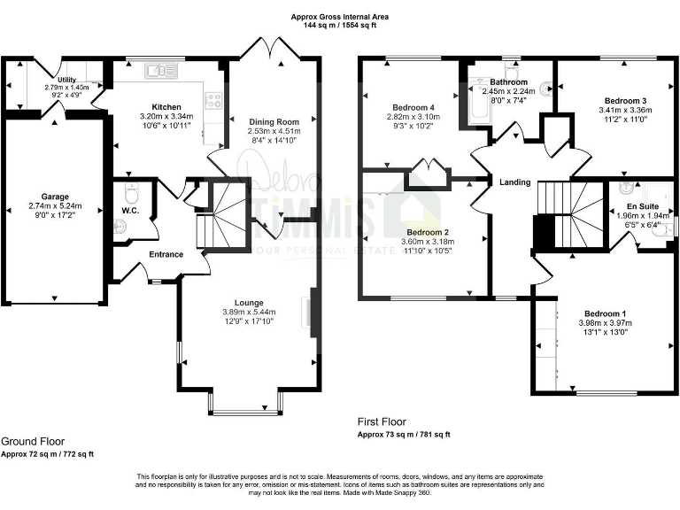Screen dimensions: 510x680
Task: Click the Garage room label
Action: click(54, 197)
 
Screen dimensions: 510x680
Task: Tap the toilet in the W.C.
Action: click(131, 192)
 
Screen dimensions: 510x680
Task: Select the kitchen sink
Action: click(160, 68)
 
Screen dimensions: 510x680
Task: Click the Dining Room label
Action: click(274, 121)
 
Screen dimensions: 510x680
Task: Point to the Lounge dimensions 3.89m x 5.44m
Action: click(249, 312)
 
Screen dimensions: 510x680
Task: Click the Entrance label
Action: click(166, 254)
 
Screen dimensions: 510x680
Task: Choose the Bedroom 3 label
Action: click(625, 101)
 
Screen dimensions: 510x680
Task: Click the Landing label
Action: click(515, 182)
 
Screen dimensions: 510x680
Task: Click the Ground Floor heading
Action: click(33, 441)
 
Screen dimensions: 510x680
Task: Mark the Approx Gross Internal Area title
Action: click(340, 17)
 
